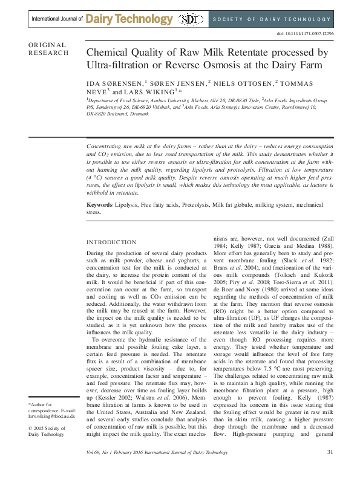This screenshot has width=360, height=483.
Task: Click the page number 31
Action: tap(330, 468)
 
